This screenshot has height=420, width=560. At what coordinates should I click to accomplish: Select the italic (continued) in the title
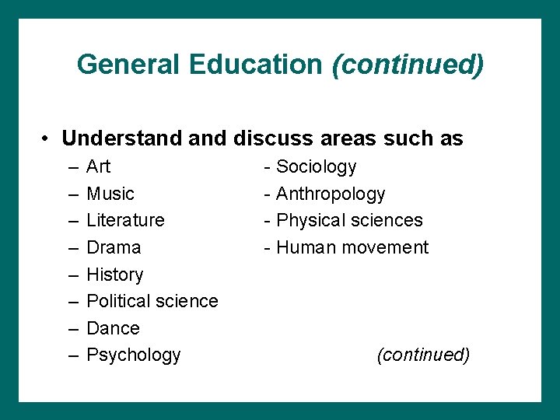408,65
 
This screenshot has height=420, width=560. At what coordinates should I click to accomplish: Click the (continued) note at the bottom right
423,355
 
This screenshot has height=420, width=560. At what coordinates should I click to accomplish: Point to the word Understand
122,138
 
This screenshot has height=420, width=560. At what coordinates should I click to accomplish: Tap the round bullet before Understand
47,139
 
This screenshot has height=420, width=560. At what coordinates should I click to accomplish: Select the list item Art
99,166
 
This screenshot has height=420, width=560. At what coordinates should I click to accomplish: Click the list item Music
110,194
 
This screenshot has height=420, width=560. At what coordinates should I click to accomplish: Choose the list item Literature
125,220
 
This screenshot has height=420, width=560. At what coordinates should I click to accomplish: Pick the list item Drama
114,247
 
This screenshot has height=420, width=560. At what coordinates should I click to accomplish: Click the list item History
115,275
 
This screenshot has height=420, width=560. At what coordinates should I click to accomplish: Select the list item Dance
113,328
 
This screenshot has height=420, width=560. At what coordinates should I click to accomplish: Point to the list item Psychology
134,355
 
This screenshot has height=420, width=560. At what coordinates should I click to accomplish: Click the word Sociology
317,166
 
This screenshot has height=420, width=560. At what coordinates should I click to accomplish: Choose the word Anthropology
331,194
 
